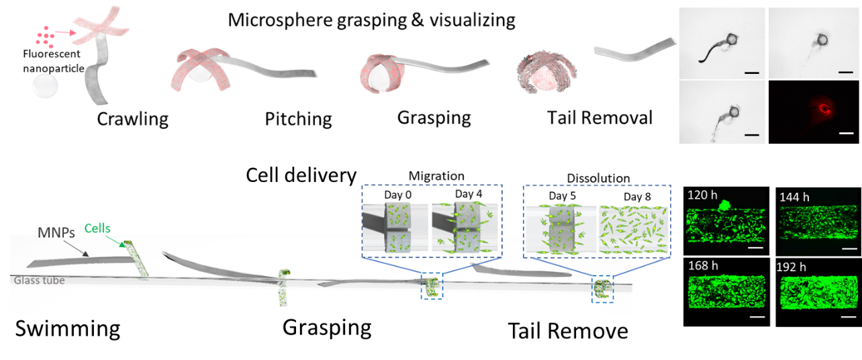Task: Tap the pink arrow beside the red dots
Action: click(65, 32)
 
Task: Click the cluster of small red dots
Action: click(46, 36)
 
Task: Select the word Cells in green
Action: click(98, 228)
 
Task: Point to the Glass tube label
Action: click(40, 280)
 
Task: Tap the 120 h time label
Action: click(702, 195)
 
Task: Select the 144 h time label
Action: click(794, 197)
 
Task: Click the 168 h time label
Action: click(704, 266)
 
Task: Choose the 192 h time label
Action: click(794, 267)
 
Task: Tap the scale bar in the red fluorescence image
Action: click(847, 135)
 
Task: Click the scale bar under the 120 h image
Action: click(755, 247)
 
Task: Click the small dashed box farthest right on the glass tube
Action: click(602, 289)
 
